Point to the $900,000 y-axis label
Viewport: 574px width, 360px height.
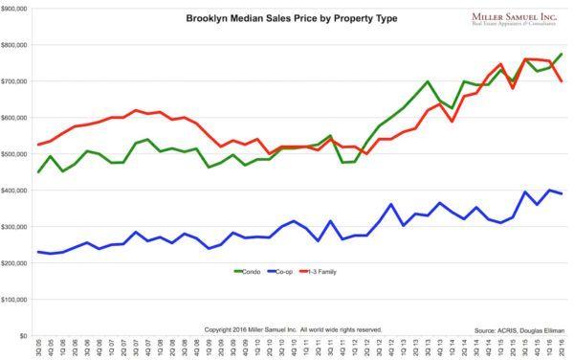point(18,9)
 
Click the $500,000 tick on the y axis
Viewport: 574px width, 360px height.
point(18,154)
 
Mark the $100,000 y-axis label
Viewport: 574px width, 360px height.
point(18,300)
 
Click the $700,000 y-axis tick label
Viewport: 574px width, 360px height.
point(18,81)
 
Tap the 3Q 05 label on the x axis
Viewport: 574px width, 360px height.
point(38,349)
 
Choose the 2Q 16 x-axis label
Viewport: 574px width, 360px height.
point(561,349)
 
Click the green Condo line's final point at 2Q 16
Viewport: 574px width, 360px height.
point(561,55)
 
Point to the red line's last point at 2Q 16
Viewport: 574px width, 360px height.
point(561,81)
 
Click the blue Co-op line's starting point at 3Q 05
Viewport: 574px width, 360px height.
point(38,252)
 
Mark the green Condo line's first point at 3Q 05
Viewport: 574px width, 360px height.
point(38,172)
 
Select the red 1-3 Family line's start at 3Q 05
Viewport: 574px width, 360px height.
point(38,145)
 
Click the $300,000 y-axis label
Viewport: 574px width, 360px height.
point(18,227)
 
